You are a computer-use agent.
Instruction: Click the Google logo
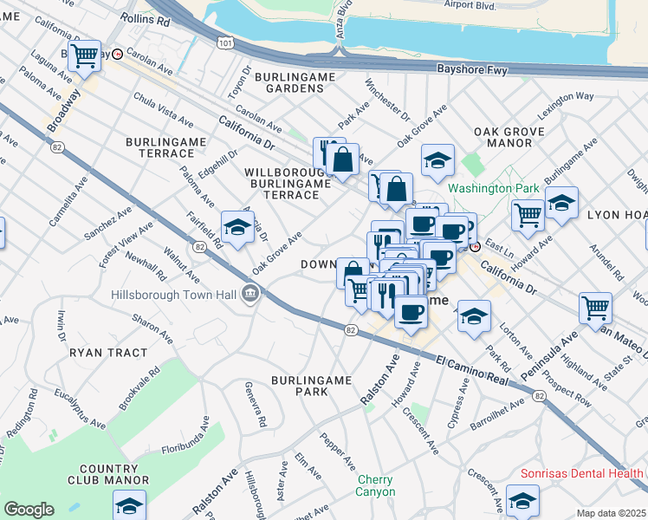(x=29, y=510)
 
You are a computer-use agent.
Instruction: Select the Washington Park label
(x=493, y=188)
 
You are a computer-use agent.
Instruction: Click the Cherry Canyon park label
(x=374, y=485)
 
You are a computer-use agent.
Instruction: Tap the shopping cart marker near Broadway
(x=84, y=55)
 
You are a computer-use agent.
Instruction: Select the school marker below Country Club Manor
(x=129, y=505)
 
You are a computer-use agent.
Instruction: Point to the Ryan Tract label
(x=99, y=354)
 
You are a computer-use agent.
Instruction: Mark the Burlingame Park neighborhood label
(x=311, y=386)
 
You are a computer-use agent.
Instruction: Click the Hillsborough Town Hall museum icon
(x=251, y=293)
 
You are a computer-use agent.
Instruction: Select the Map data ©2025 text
(x=611, y=513)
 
